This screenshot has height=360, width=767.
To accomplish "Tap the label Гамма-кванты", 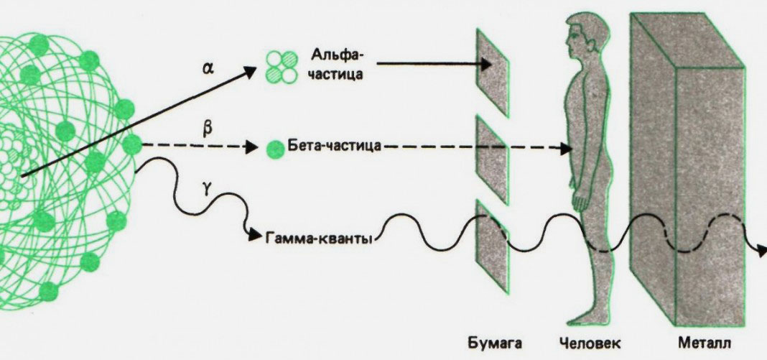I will [320, 238].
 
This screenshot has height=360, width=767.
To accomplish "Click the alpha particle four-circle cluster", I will [281, 66].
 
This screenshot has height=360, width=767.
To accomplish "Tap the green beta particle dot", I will [273, 149].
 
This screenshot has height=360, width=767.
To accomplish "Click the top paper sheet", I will [493, 71].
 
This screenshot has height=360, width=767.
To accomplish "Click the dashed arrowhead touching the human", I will [565, 149].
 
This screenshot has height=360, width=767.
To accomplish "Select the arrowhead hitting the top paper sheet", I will [485, 64].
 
